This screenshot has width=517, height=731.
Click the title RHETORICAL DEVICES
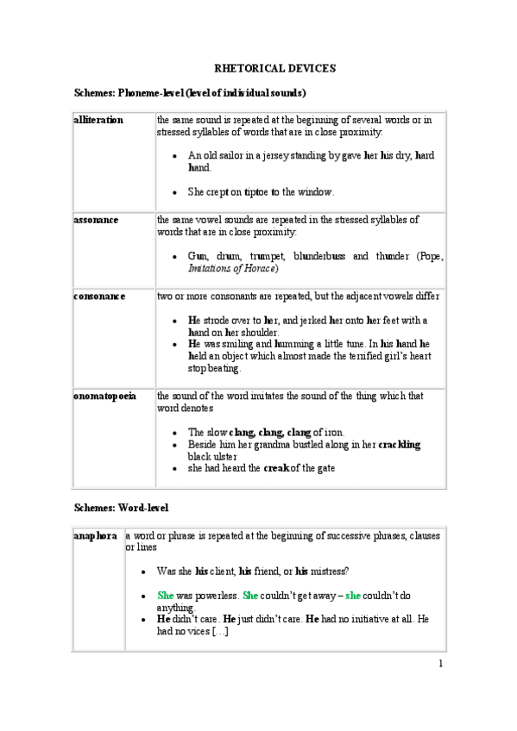pyautogui.click(x=274, y=68)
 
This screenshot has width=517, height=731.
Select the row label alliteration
pyautogui.click(x=98, y=120)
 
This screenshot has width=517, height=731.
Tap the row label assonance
pyautogui.click(x=96, y=220)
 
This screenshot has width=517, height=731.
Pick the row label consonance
pyautogui.click(x=99, y=296)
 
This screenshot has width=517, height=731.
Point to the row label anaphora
pyautogui.click(x=95, y=536)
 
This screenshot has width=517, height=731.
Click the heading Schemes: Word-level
pyautogui.click(x=122, y=508)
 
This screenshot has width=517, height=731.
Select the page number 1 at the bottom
pyautogui.click(x=440, y=663)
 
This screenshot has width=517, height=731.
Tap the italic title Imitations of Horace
pyautogui.click(x=232, y=269)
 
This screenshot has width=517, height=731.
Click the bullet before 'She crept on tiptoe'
pyautogui.click(x=175, y=193)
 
